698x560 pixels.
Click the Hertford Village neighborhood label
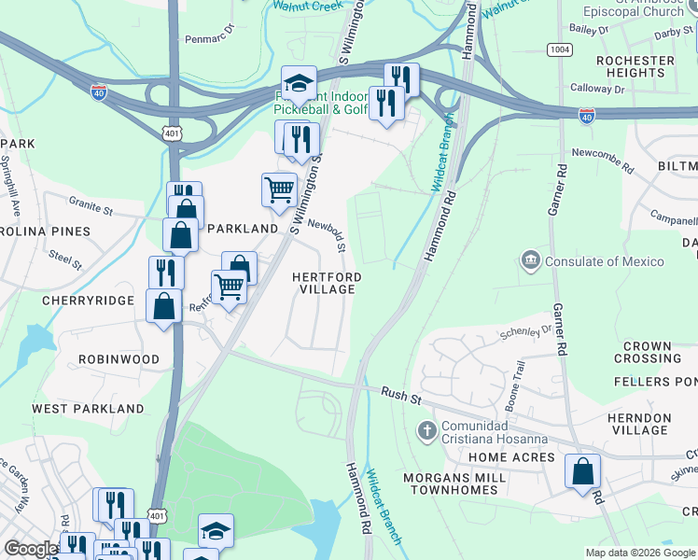pyautogui.click(x=325, y=283)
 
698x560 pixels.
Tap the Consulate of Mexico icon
pyautogui.click(x=531, y=260)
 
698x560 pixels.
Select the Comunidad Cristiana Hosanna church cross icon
pyautogui.click(x=426, y=430)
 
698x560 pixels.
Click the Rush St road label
pyautogui.click(x=402, y=395)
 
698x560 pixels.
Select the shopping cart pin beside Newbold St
pyautogui.click(x=279, y=190)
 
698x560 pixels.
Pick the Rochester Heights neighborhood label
pyautogui.click(x=635, y=66)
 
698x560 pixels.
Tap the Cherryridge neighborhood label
pyautogui.click(x=88, y=301)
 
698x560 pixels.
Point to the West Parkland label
pyautogui.click(x=88, y=409)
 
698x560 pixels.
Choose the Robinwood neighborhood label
pyautogui.click(x=119, y=359)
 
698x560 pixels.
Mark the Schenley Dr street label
pyautogui.click(x=526, y=333)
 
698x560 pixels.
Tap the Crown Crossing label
pyautogui.click(x=648, y=353)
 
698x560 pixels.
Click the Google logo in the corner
pyautogui.click(x=31, y=549)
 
